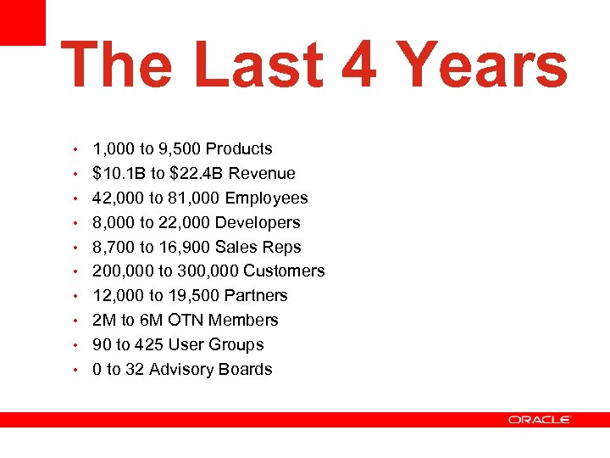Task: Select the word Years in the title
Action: pos(481,66)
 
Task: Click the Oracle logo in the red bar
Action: pos(540,420)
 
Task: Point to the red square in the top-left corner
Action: pos(22,22)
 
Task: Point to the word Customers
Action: pos(284,271)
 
